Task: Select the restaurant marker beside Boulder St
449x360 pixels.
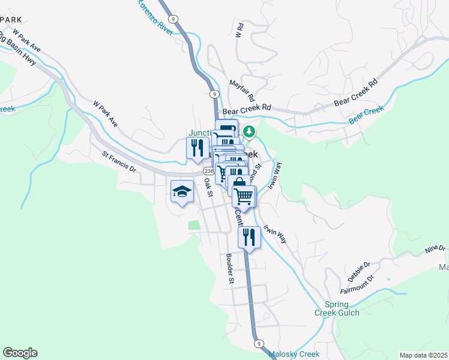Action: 249,237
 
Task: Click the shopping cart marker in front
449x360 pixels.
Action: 244,196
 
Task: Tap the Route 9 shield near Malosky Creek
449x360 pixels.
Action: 258,343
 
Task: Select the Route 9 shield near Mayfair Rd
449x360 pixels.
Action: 214,94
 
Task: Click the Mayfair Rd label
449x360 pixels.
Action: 243,90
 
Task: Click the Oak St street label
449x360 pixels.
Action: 208,186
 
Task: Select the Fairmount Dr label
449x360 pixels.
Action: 357,283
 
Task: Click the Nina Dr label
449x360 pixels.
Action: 435,248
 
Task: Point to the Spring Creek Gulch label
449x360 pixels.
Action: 337,308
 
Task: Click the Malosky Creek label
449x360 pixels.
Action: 294,354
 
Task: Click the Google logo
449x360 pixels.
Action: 20,353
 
